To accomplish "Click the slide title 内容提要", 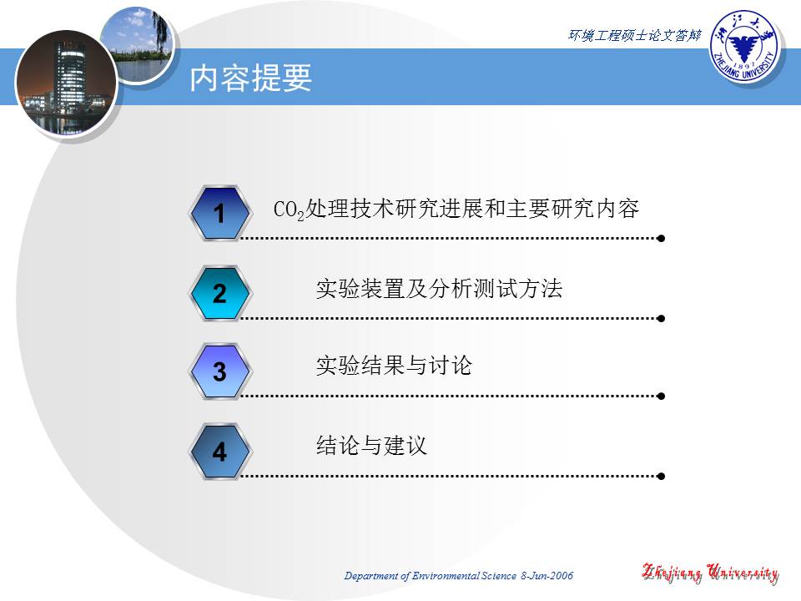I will (251, 78).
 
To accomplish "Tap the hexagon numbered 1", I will (219, 215).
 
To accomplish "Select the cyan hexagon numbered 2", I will (219, 294).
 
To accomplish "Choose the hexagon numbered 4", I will (219, 452).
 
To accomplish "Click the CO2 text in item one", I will (290, 210).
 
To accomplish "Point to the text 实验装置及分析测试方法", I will (439, 290).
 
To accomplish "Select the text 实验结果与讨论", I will (394, 366).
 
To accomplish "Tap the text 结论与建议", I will (371, 446).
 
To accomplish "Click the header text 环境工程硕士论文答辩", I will (634, 35).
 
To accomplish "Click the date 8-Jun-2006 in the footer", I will (547, 577).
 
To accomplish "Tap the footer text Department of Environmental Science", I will (431, 577).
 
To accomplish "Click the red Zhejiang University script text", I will (710, 573).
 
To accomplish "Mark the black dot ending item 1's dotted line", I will (661, 238).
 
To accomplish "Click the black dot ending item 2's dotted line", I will (661, 318).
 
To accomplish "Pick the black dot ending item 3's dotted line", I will (661, 396).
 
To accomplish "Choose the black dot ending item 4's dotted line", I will (661, 477).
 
